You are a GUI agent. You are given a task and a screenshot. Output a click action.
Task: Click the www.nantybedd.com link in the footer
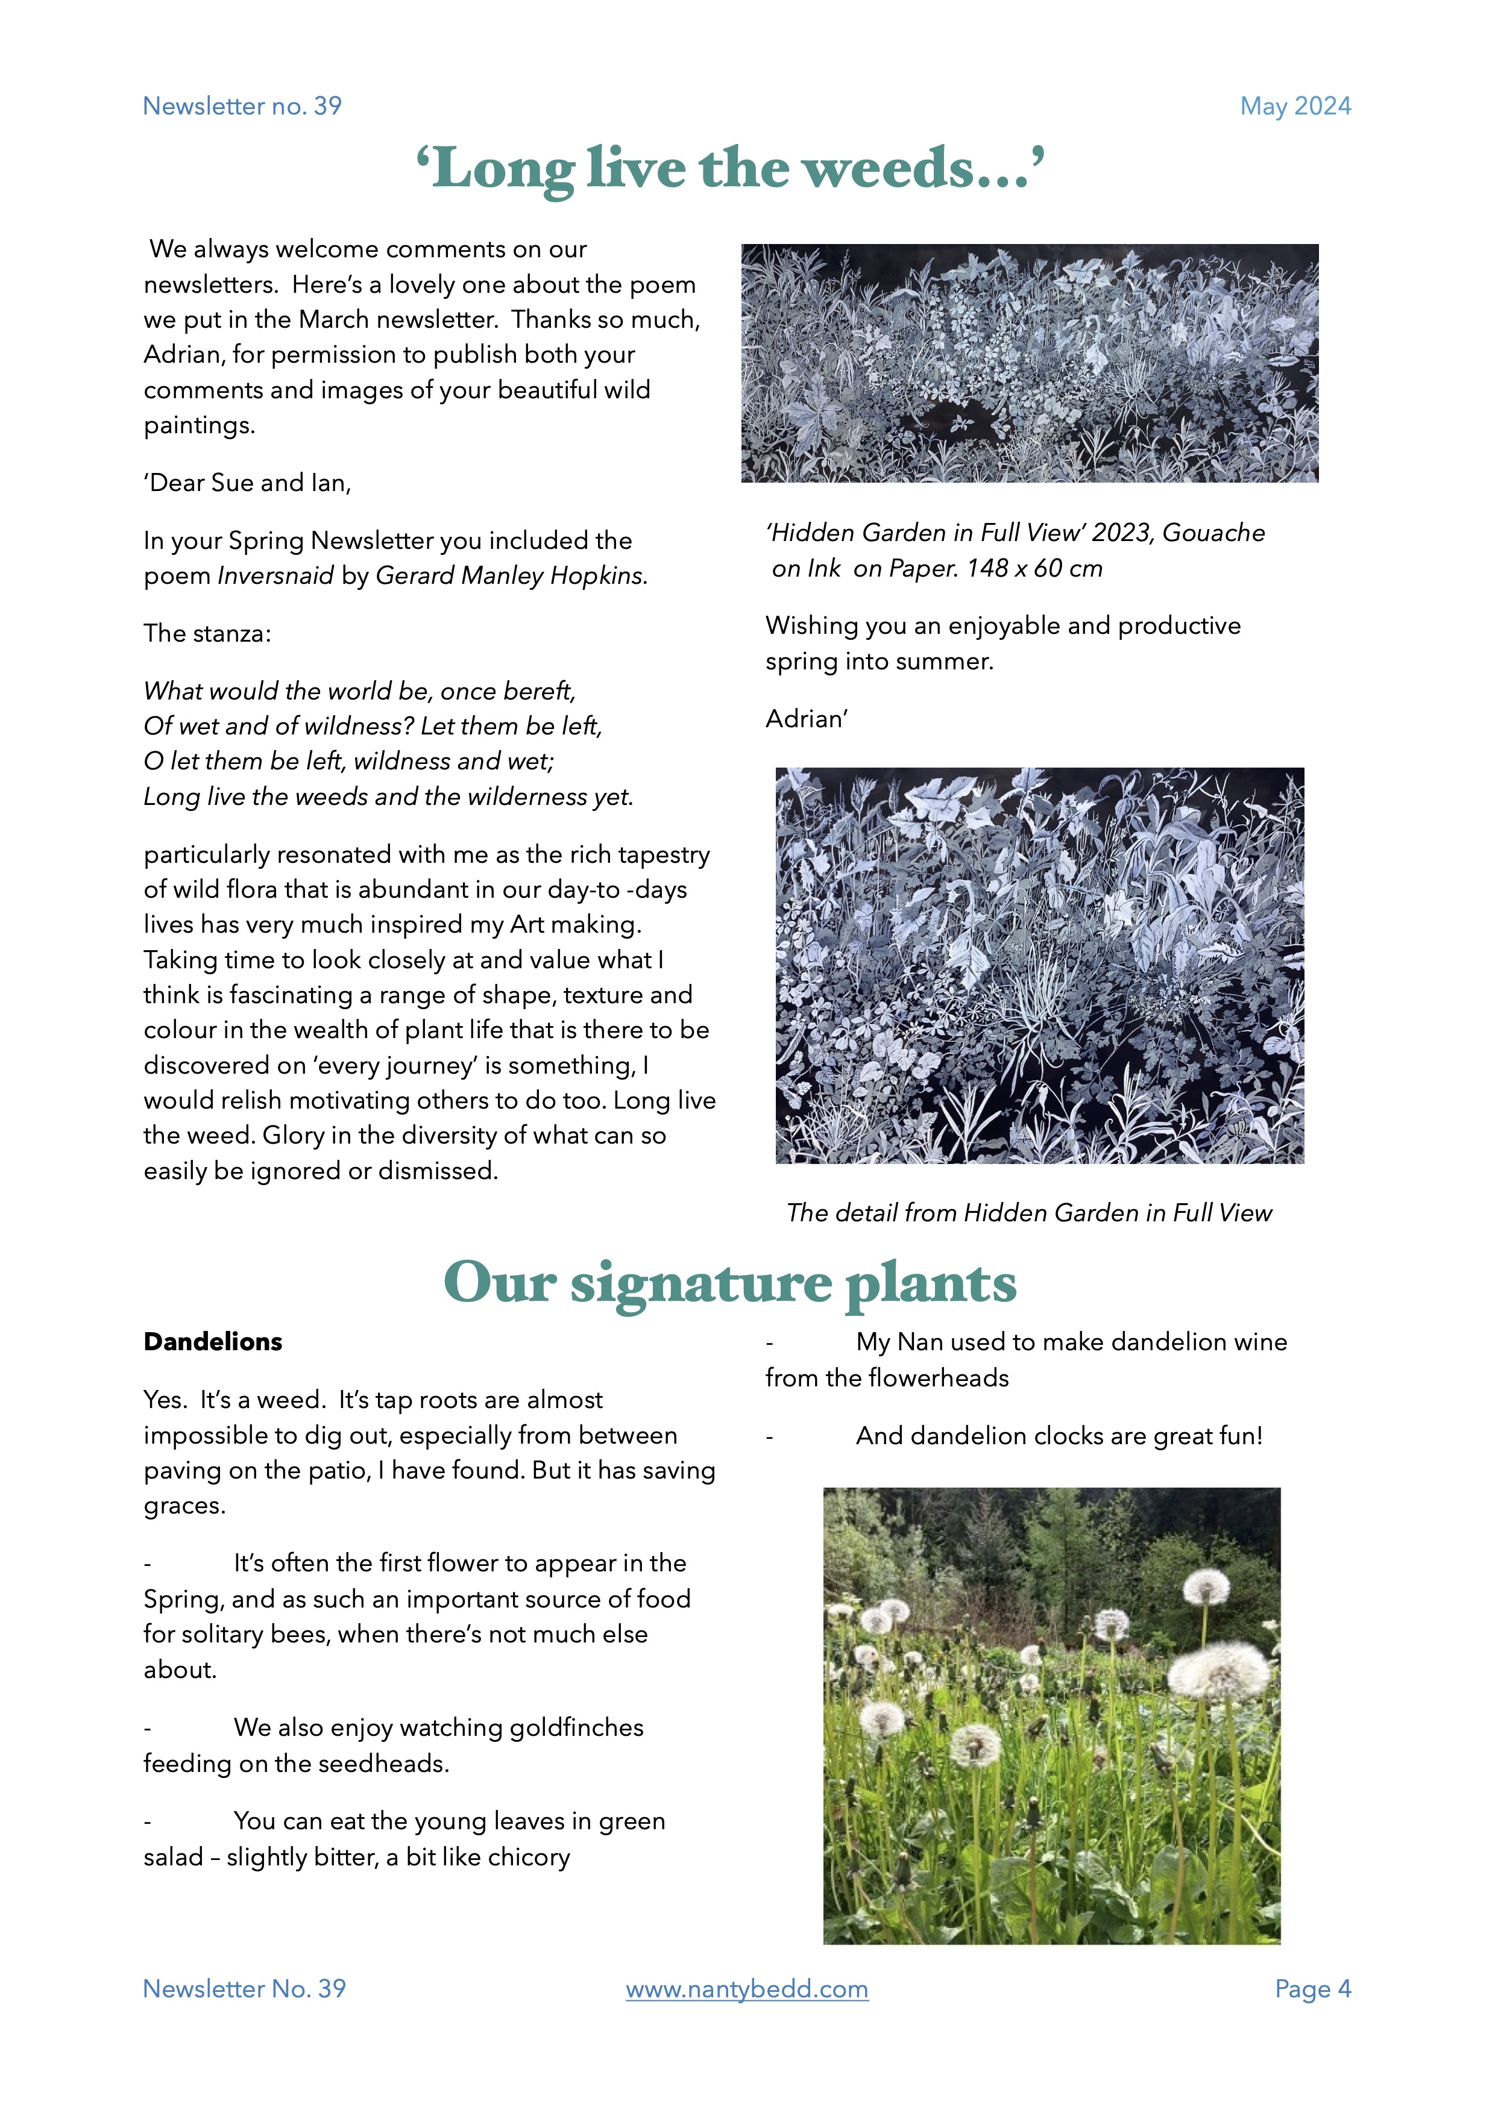click(x=746, y=1989)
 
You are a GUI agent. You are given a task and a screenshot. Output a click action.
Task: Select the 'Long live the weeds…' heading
click(x=730, y=169)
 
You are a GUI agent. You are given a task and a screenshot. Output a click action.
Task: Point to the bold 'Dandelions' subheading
click(x=213, y=1342)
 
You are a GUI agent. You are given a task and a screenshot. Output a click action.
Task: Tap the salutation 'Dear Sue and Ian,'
click(x=248, y=483)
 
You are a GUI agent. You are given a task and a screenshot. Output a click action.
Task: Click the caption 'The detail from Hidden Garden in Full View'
click(x=1028, y=1213)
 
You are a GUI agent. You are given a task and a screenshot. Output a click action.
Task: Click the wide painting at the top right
click(x=1029, y=363)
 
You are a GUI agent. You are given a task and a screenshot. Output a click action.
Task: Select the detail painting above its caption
click(x=1039, y=965)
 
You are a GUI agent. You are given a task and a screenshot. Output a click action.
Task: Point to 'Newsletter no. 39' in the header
click(x=242, y=107)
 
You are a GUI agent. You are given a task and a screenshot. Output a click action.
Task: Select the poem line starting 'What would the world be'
click(x=359, y=691)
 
